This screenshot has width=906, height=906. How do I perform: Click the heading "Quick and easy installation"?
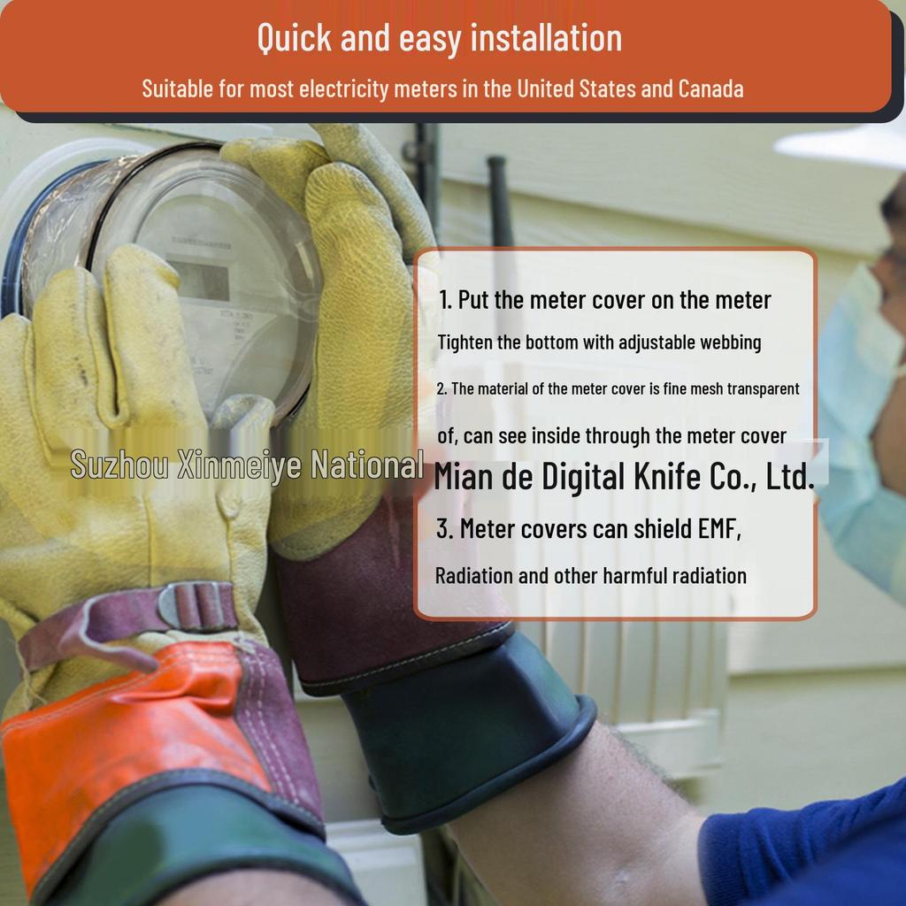click(x=440, y=38)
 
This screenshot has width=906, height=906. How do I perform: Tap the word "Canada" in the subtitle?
click(x=710, y=88)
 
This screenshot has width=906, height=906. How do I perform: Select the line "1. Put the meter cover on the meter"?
click(x=604, y=300)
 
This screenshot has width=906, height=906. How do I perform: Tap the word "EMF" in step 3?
click(x=718, y=529)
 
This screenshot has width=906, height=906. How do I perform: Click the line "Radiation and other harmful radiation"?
click(x=591, y=576)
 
